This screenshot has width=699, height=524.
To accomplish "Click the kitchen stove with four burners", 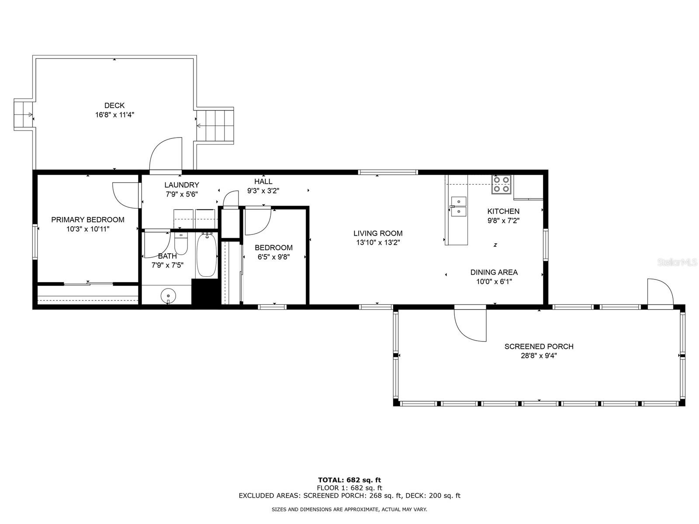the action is coord(501,184).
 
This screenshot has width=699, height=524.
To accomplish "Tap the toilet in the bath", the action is coord(181,245).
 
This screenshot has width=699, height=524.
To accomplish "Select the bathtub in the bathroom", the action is coord(206,255).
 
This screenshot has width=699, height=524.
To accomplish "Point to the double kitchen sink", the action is coord(459,207).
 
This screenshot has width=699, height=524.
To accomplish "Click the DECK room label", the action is coord(114,105).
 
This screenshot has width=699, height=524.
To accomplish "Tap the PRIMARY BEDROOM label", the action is coord(88,220).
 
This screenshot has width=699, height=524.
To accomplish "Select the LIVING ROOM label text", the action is coord(378,233).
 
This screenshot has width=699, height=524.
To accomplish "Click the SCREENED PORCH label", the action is coord(539,346).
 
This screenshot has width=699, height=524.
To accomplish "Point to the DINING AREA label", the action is coord(494,272).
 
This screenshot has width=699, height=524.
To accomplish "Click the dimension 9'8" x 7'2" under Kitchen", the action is coord(503,221).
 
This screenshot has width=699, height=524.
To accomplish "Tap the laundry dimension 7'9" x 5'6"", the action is coord(182,194).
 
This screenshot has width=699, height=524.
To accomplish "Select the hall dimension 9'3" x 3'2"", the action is coord(263,190).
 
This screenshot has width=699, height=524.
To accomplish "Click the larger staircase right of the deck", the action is coord(215,126).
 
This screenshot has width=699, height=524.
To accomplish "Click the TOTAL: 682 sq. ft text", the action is coord(349,480).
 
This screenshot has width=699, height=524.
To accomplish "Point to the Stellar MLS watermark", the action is coord(679,262).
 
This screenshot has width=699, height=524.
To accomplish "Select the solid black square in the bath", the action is coord(206,292).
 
